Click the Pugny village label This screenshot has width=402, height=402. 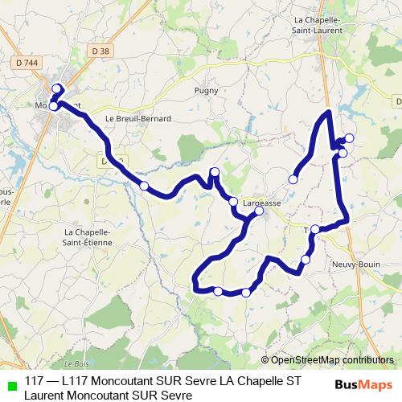[x=206, y=91]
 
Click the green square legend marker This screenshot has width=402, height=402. [x=10, y=384]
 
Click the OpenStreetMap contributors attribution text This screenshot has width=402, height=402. [x=332, y=360]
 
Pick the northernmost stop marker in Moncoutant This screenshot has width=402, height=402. [x=56, y=88]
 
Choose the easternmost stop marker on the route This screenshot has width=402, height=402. [x=349, y=137]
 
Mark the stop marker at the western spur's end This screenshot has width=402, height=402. [x=293, y=179]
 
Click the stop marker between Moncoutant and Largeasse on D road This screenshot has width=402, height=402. [x=144, y=186]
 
